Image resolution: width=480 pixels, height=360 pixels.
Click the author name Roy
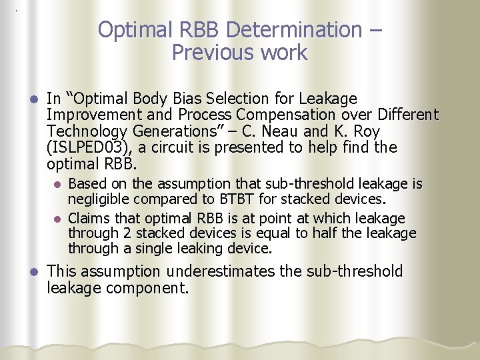(381, 131)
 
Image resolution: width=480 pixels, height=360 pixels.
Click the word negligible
(99, 199)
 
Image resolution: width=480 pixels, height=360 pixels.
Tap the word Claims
(88, 218)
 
